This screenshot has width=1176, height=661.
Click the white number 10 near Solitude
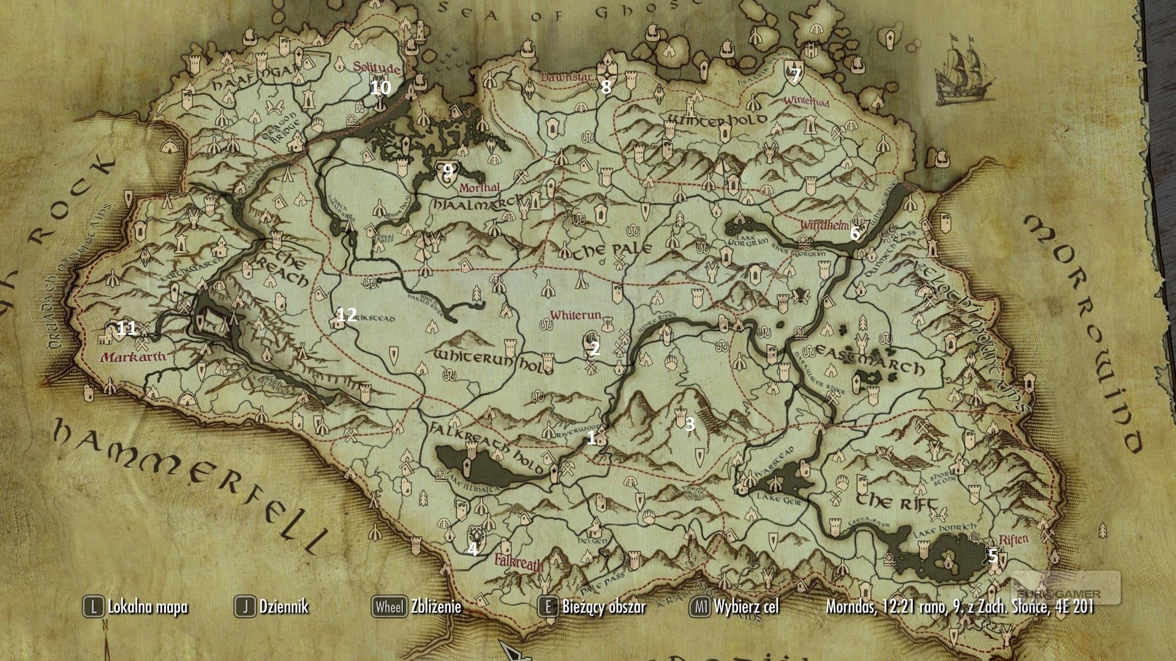(380, 88)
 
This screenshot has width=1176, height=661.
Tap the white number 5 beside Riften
(993, 556)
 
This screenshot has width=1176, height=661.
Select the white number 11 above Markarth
(126, 329)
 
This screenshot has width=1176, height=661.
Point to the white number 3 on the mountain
(690, 424)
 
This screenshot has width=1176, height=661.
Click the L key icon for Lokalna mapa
(93, 607)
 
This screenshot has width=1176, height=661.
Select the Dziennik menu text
(284, 607)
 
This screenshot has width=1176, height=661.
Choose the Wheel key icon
(389, 607)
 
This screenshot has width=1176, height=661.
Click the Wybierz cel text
(746, 607)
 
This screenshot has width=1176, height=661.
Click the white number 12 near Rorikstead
(347, 315)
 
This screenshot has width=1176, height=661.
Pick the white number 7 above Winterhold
(795, 76)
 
